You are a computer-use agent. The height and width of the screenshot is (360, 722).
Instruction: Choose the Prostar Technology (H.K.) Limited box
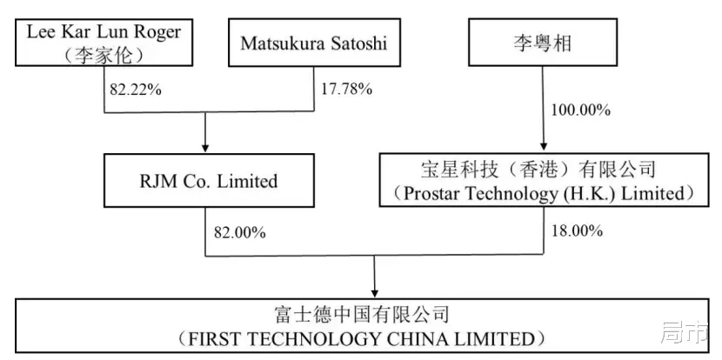click(545, 180)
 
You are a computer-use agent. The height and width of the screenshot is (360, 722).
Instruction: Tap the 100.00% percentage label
click(581, 110)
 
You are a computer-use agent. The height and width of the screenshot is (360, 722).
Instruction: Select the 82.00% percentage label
click(237, 232)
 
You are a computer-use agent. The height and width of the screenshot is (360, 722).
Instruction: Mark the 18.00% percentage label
click(578, 232)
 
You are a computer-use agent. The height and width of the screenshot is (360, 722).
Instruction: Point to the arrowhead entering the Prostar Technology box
click(545, 147)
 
